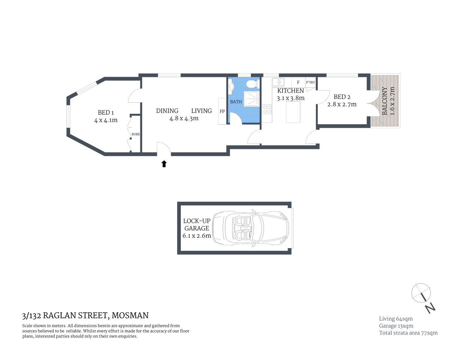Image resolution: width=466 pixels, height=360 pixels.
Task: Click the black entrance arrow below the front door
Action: [x=164, y=163]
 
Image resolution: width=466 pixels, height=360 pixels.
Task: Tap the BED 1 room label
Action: [x=104, y=112]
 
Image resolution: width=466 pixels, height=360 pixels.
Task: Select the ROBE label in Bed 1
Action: [x=135, y=134]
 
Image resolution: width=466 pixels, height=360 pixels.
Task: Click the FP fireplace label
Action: [x=222, y=111]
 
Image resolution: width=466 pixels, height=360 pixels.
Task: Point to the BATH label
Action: [x=236, y=102]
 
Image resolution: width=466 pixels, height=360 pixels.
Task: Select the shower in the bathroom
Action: [x=251, y=99]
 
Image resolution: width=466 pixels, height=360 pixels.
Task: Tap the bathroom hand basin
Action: [x=231, y=87]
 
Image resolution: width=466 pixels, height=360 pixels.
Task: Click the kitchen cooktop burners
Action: [x=267, y=109]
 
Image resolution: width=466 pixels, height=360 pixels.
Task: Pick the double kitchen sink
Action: [x=278, y=82]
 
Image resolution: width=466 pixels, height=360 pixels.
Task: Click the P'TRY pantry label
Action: [x=310, y=82]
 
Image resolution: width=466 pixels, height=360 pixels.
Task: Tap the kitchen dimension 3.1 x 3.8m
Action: [x=290, y=98]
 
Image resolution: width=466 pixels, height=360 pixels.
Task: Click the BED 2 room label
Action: [x=342, y=97]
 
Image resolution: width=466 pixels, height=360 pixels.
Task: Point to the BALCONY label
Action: [x=385, y=101]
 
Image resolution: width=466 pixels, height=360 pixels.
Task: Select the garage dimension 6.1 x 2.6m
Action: [x=197, y=236]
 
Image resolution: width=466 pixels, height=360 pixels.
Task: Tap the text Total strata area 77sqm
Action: [x=408, y=333]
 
